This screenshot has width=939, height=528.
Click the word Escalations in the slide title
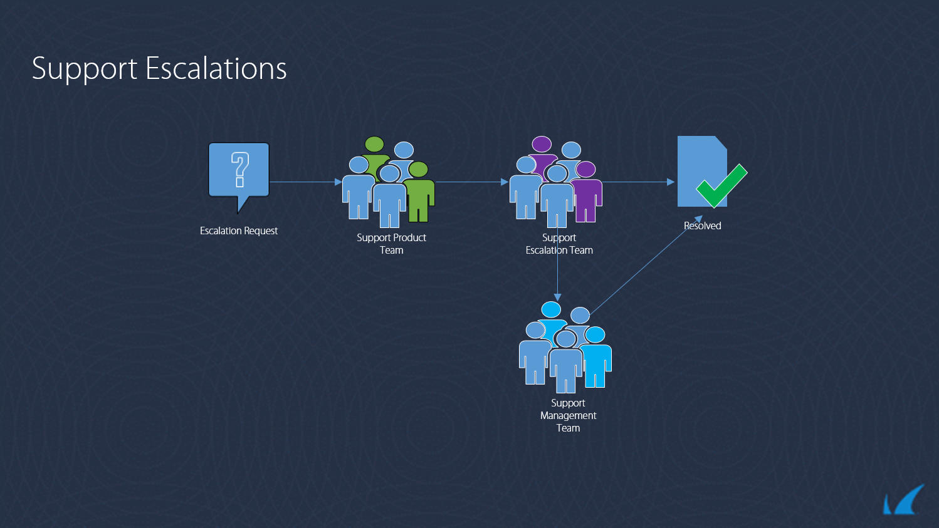pos(216,68)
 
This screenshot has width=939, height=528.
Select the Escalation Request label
pos(239,230)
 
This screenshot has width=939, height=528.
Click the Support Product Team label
pos(391,244)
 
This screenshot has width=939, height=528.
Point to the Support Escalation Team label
pos(559,244)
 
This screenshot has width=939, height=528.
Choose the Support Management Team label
pos(568,415)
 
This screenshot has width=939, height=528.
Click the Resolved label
pos(703,225)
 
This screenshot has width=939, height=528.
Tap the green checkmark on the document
pos(722,186)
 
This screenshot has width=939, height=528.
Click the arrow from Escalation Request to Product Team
pos(306,182)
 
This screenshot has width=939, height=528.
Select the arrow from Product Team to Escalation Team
pos(471,182)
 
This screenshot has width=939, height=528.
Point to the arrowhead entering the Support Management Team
pos(557,298)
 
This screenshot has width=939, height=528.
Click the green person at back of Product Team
pos(374,155)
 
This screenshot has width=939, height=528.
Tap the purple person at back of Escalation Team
pos(542,155)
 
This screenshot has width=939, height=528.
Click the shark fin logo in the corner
pos(903,500)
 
